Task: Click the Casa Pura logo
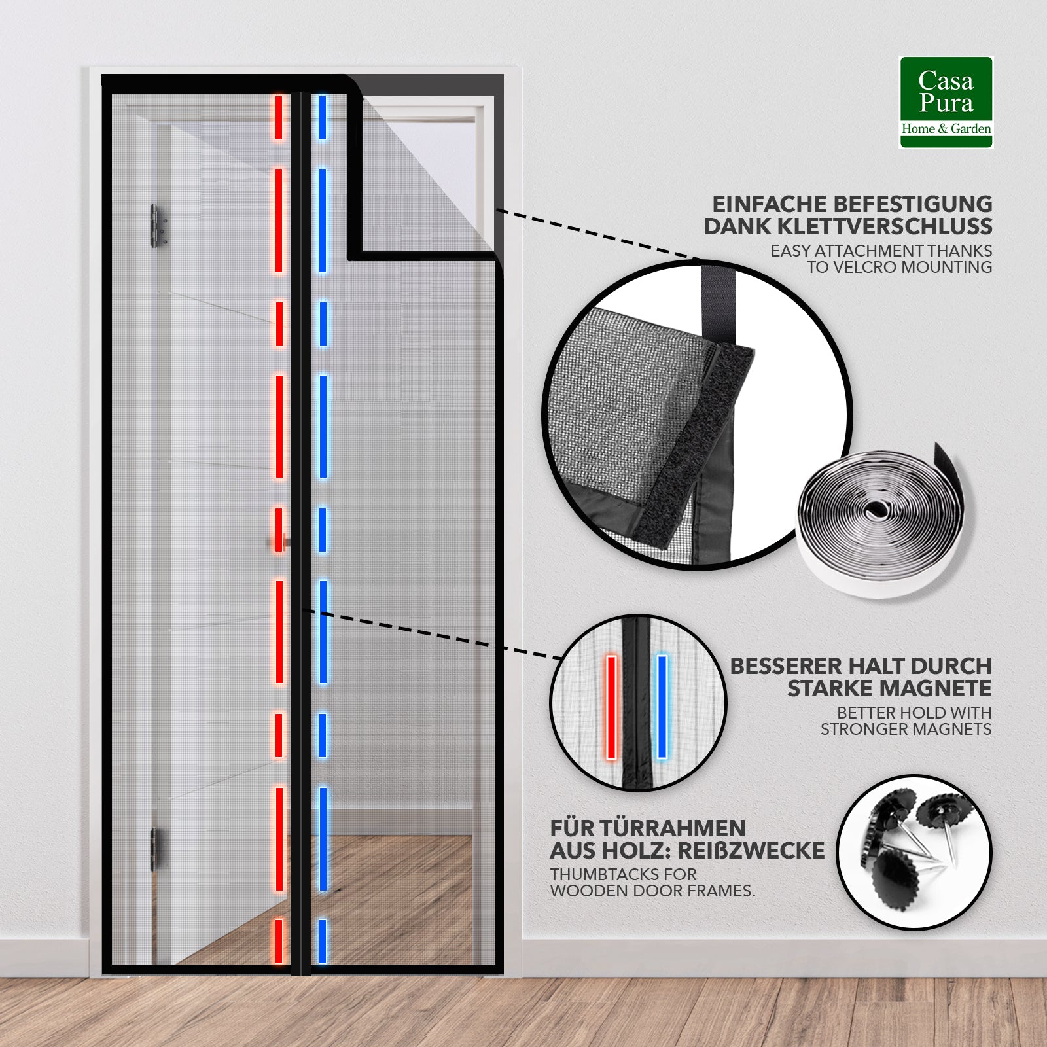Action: pyautogui.click(x=946, y=102)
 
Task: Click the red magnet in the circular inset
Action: pyautogui.click(x=612, y=707)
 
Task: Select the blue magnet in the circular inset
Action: pyautogui.click(x=662, y=707)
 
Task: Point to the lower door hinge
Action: pyautogui.click(x=155, y=849)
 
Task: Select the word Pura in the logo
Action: pyautogui.click(x=946, y=103)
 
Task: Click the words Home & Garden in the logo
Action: pyautogui.click(x=946, y=129)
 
